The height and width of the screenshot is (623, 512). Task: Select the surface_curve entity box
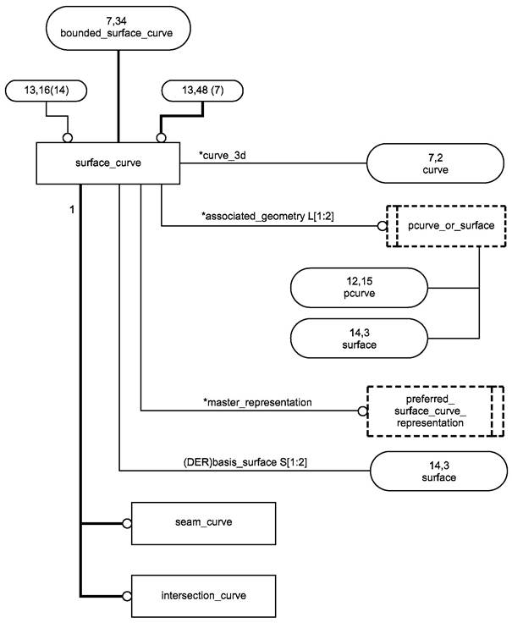coord(107,163)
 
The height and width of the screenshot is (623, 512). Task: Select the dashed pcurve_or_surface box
coord(440,226)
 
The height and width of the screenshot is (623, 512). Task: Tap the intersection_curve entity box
coord(204,595)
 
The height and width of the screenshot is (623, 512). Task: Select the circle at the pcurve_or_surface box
coord(381,226)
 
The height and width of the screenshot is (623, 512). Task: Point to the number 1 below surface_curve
coord(74,206)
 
